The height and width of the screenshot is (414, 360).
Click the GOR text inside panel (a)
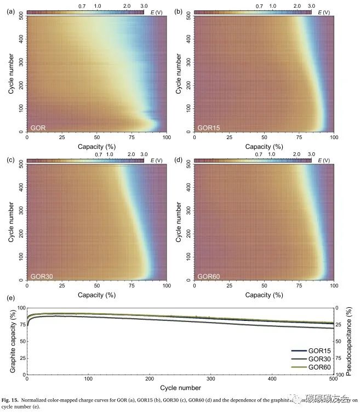click(x=38, y=128)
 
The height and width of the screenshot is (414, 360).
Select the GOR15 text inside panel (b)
click(x=208, y=128)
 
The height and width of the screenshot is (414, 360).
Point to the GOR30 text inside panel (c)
click(x=41, y=276)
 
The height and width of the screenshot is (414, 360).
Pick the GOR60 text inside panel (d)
click(x=208, y=276)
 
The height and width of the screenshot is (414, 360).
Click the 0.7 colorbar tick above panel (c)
click(x=99, y=154)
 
